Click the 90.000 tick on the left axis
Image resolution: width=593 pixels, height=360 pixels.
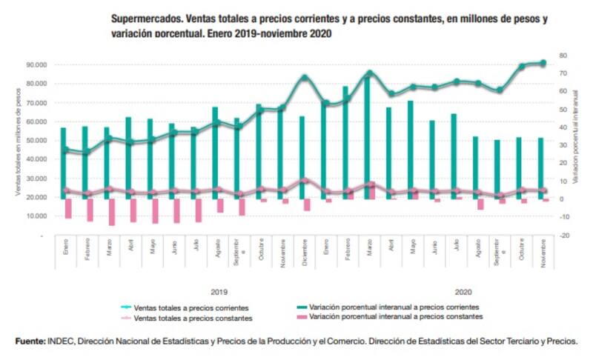pos(34,64)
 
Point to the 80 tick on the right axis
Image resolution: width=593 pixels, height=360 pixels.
pos(563,56)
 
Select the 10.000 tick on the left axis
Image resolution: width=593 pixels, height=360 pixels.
pos(34,216)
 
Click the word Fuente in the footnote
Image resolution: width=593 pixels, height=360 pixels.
pos(30,341)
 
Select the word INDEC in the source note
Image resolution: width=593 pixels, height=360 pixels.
pos(61,341)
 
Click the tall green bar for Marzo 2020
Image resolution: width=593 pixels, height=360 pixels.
pos(367,133)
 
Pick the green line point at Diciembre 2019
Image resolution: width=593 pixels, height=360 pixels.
pos(305,78)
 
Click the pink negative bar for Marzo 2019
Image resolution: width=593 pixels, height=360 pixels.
pos(112,212)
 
